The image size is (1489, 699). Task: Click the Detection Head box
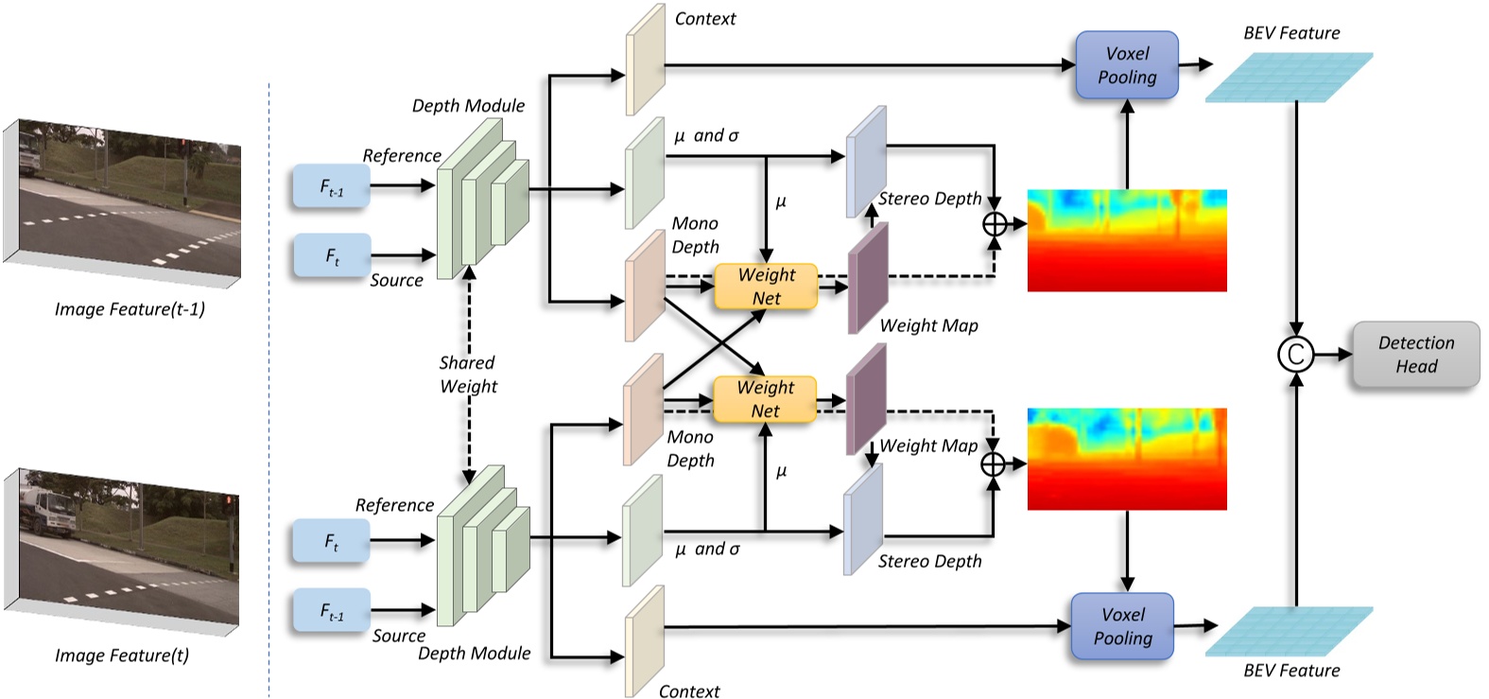click(x=1415, y=355)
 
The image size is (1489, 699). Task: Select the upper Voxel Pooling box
click(x=1127, y=65)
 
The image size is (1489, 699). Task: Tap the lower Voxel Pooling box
click(x=1122, y=626)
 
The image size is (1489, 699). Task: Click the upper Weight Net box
click(x=766, y=287)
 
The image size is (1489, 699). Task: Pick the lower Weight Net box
click(x=765, y=399)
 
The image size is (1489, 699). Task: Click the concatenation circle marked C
click(x=1295, y=355)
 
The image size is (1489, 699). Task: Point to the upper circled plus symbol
click(x=995, y=224)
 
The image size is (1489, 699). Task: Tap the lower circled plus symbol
click(x=993, y=464)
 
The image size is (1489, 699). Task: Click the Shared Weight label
click(x=467, y=375)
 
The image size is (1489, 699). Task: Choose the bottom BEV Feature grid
click(x=1289, y=631)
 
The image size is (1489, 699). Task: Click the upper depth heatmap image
click(x=1127, y=240)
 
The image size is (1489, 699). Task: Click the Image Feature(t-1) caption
click(x=130, y=309)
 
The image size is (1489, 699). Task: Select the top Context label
click(x=704, y=18)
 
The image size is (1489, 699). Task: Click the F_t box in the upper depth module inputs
click(x=332, y=256)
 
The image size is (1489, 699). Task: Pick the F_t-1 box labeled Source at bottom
click(x=331, y=611)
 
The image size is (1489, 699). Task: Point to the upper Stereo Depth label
click(x=929, y=199)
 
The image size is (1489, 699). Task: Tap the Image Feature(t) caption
click(x=122, y=655)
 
